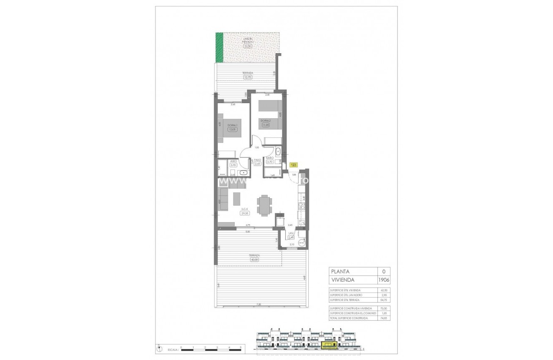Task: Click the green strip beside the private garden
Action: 219,47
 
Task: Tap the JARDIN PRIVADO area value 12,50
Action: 248,47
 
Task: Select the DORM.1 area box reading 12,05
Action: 233,129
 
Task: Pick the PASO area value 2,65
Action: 258,164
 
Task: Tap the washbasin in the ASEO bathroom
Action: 243,173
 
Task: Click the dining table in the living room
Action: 264,205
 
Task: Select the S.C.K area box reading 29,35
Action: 245,213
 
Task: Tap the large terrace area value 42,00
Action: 254,259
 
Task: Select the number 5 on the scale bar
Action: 241,347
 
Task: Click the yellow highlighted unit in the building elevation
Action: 328,345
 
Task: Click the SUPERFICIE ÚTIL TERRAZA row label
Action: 345,300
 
